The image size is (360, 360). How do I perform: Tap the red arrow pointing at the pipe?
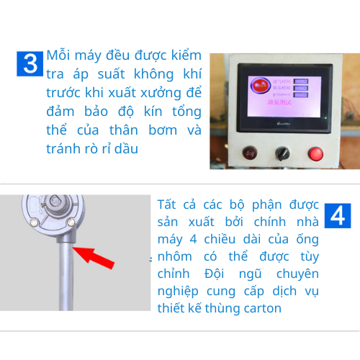(95, 256)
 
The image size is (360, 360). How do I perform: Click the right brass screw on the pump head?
(69, 224)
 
